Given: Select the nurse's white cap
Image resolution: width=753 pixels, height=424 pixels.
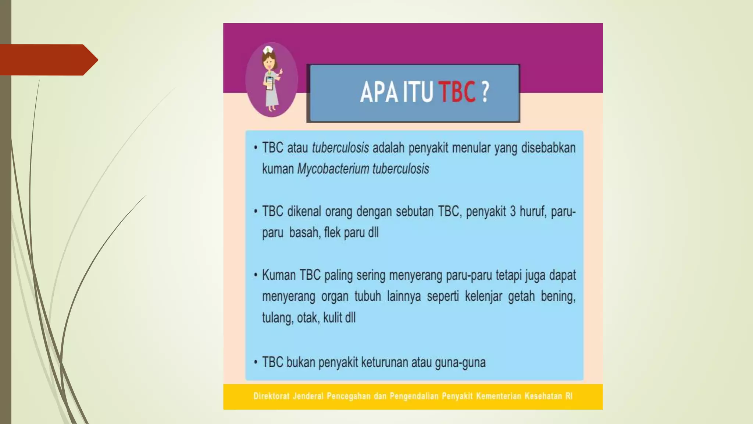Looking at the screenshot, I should click(268, 50).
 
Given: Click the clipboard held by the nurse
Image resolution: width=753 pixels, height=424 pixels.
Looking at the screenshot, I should click(270, 83).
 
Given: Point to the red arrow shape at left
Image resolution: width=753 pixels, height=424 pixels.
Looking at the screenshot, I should click(48, 60).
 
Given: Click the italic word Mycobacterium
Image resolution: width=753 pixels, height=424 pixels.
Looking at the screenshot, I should click(333, 169).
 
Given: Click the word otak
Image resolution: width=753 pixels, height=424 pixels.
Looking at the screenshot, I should click(307, 318).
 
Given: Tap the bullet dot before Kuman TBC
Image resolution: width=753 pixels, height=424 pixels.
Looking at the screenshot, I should click(256, 275).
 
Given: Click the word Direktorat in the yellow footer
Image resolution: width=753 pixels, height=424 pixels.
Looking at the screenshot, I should click(271, 396).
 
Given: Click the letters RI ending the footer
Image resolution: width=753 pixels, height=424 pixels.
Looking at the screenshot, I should click(569, 396).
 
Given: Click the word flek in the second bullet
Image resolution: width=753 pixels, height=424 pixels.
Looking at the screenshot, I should click(332, 233).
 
